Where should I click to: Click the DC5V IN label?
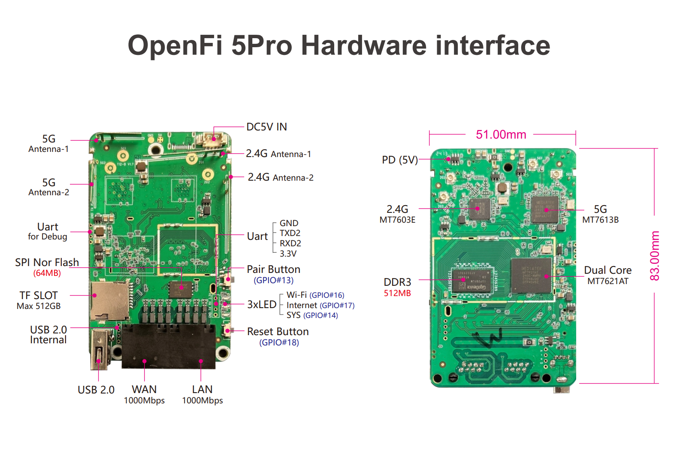click(x=266, y=127)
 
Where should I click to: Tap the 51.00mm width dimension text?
click(x=501, y=134)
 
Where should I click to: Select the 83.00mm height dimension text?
click(x=654, y=256)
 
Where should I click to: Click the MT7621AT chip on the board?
click(x=532, y=275)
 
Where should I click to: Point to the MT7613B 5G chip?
click(x=545, y=209)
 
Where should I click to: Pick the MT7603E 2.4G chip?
click(x=480, y=209)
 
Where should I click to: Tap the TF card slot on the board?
click(x=110, y=301)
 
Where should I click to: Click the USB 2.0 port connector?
click(x=99, y=349)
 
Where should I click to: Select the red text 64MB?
click(x=47, y=273)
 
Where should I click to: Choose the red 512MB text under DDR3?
click(x=397, y=293)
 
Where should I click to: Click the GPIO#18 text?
click(x=279, y=342)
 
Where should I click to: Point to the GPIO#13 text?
click(x=273, y=280)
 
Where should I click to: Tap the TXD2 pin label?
click(x=290, y=233)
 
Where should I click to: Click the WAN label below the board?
click(x=144, y=389)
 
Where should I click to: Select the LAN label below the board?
click(x=202, y=389)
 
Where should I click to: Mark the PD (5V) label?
click(x=400, y=160)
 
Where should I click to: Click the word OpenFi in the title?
click(x=175, y=45)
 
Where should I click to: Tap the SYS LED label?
click(x=293, y=315)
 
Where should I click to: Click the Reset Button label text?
click(x=278, y=332)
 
